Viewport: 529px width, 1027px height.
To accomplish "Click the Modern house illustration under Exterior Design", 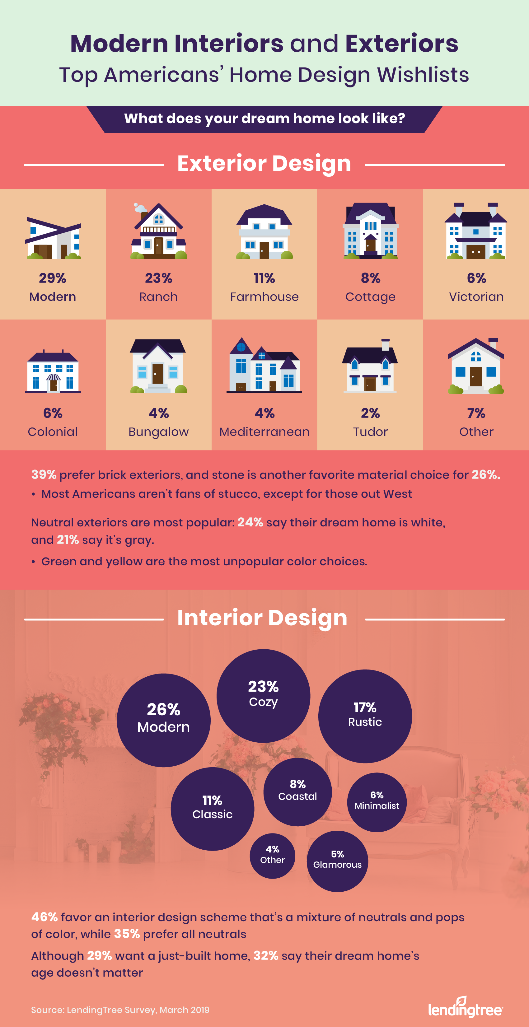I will (53, 238).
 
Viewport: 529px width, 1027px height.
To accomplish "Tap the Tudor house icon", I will (370, 366).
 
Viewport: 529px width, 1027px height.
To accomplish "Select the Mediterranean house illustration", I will (264, 366).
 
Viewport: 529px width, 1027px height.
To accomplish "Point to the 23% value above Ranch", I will (158, 278).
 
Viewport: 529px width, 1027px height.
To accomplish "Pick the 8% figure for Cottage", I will (370, 278).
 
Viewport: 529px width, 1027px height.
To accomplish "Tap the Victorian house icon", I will (476, 231).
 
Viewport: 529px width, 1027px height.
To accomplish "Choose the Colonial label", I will (53, 432).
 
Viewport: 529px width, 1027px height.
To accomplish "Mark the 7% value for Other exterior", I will (476, 413).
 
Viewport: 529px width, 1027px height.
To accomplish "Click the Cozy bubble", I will (263, 696).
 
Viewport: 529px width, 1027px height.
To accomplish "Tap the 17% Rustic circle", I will (365, 716).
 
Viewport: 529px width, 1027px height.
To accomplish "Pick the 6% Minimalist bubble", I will (377, 802).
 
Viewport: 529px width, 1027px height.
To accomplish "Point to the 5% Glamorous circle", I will (337, 861).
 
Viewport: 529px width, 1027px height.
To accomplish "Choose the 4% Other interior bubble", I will (273, 856).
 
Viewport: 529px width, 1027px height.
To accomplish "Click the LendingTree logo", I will (465, 1007).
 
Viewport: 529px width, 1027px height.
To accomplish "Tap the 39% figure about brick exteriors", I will (44, 474).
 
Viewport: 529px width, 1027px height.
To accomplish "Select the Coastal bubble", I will (297, 792).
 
